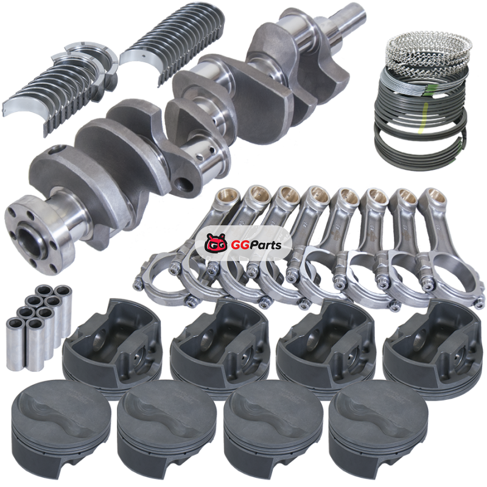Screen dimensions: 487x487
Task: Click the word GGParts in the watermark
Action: coord(256,245)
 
